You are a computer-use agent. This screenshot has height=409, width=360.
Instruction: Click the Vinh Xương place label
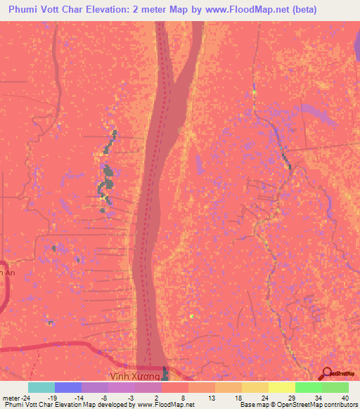click(x=138, y=377)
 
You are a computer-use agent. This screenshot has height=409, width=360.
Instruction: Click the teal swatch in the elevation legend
click(x=41, y=387)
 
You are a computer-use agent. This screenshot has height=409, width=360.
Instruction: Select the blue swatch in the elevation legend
click(x=68, y=387)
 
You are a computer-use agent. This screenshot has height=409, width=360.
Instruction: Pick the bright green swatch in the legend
click(x=308, y=387)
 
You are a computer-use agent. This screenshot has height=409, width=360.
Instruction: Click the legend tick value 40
click(x=345, y=397)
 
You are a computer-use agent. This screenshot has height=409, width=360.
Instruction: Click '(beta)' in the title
click(x=305, y=10)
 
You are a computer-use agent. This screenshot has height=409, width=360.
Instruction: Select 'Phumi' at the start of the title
click(x=25, y=10)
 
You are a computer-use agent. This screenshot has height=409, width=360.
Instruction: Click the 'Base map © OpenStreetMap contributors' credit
click(x=297, y=405)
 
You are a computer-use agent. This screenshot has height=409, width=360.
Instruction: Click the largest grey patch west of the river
click(x=108, y=172)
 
